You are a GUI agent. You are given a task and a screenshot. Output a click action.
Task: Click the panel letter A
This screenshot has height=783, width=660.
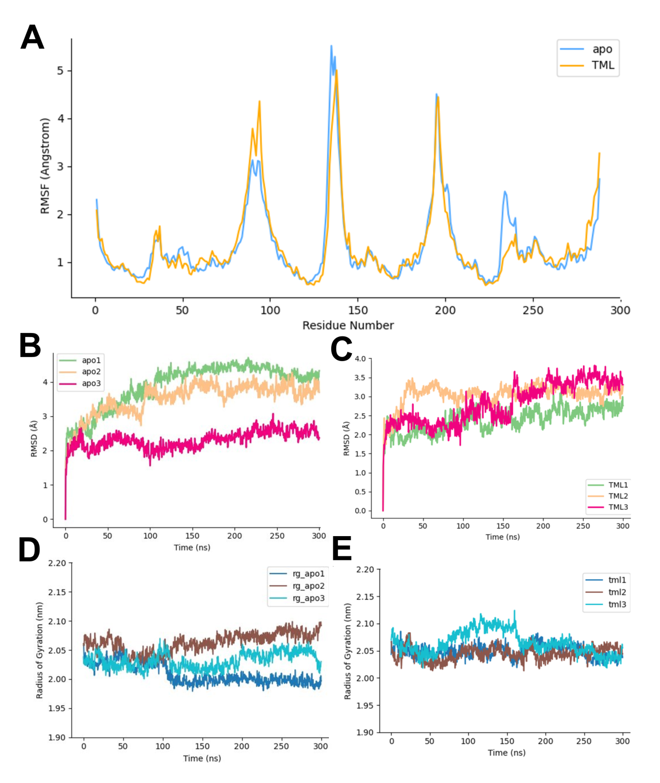tap(32, 38)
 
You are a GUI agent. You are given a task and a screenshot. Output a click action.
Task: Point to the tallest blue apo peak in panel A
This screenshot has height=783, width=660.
tap(331, 46)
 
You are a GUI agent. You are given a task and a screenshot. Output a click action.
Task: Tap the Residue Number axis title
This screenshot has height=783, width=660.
tap(348, 325)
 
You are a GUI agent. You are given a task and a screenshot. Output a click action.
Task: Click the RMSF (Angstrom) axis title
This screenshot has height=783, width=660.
tap(45, 166)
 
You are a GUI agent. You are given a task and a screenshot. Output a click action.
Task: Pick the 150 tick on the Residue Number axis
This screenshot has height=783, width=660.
tap(358, 311)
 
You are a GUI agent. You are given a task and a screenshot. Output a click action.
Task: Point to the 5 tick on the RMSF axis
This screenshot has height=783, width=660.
tap(60, 71)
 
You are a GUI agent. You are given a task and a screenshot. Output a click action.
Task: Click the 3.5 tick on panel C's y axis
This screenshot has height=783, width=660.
tap(360, 378)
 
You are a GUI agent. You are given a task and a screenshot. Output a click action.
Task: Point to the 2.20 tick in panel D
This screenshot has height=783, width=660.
tap(57, 563)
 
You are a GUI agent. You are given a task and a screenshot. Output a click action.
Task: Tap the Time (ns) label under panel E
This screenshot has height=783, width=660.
tap(506, 753)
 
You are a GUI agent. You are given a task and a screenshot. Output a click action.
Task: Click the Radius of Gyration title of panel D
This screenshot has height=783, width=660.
tap(40, 650)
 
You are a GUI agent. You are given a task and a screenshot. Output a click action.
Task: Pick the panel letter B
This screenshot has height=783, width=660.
tap(30, 346)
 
